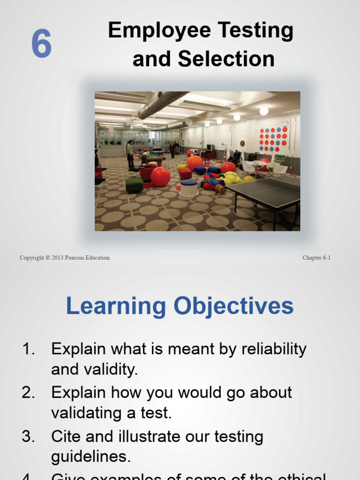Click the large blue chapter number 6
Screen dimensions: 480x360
pos(41,44)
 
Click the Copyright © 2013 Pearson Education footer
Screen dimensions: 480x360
pos(65,258)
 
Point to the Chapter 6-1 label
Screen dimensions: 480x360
pos(316,258)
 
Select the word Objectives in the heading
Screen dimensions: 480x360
pos(233,306)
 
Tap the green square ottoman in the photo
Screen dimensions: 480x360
pos(134,185)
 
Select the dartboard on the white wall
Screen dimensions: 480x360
pos(242,143)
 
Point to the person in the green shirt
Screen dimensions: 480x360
pos(130,153)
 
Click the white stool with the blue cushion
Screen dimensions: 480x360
pos(189,187)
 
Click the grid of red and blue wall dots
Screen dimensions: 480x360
pos(273,140)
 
